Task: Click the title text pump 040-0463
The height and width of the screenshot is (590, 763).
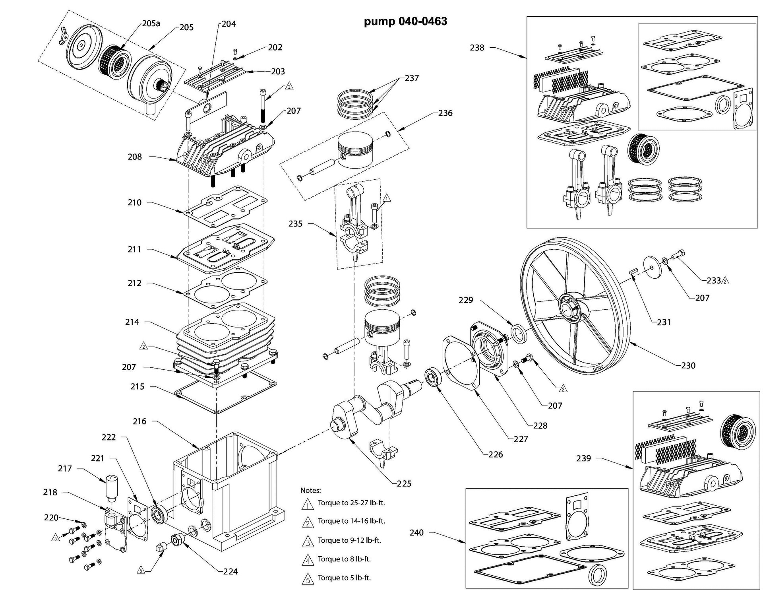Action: tap(405, 21)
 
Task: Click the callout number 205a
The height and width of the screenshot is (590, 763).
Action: tap(151, 23)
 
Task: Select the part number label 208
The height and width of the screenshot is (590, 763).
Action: tap(135, 157)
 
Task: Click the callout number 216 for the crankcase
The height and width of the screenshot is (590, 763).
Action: tap(139, 421)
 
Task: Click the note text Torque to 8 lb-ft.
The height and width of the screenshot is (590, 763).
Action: tap(344, 559)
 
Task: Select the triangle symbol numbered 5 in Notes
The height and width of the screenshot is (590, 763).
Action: tap(308, 579)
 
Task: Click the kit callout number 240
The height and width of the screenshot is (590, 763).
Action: tap(416, 532)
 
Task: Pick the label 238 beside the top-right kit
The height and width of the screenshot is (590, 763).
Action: tap(477, 48)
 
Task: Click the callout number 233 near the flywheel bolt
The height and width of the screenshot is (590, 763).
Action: tap(714, 280)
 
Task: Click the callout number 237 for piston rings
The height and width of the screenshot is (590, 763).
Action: tap(412, 78)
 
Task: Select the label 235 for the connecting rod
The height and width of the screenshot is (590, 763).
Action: tap(295, 223)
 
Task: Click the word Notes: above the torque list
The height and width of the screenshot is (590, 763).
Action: tap(310, 490)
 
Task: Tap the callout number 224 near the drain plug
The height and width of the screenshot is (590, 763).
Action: tap(230, 571)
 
